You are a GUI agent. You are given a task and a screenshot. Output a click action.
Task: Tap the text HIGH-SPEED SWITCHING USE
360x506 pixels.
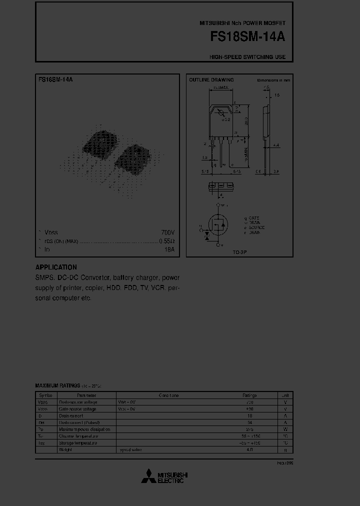tap(247, 57)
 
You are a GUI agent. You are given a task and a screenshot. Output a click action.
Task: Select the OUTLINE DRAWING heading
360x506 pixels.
tap(211, 80)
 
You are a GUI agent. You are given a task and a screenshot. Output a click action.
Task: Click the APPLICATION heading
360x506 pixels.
tap(56, 267)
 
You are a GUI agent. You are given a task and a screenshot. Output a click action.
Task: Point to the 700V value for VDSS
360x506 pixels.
tap(168, 232)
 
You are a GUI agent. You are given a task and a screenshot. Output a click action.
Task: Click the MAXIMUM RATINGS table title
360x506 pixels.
tap(57, 385)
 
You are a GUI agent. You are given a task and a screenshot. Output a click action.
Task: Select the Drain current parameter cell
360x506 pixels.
tap(71, 415)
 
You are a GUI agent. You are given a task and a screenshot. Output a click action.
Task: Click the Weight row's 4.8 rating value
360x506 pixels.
tap(249, 449)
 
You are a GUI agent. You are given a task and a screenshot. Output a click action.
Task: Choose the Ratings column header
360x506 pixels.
tap(249, 395)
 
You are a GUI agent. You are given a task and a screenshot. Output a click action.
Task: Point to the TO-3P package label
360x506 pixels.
tap(239, 253)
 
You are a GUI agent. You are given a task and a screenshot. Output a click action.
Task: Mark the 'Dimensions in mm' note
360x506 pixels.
tap(273, 80)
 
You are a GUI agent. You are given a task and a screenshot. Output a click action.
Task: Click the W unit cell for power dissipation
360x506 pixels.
tap(285, 429)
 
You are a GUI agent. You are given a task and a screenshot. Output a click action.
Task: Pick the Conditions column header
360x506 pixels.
tap(169, 395)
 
